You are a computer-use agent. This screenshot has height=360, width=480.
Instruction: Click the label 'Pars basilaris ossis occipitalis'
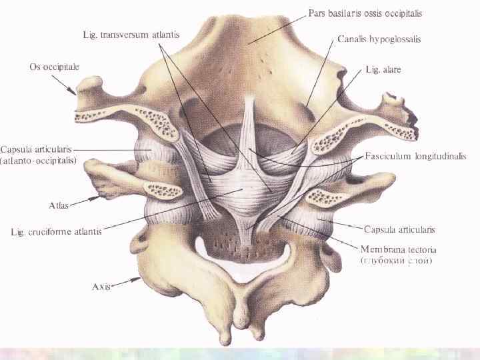click(x=365, y=13)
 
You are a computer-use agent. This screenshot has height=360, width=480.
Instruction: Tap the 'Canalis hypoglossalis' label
click(x=379, y=39)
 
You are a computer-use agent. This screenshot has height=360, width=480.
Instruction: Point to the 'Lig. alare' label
click(x=383, y=69)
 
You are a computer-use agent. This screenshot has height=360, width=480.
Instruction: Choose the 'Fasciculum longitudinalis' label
click(x=415, y=156)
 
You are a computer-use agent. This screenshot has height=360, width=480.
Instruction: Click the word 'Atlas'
click(x=59, y=205)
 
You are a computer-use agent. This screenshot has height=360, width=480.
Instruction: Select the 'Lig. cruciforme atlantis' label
click(x=57, y=232)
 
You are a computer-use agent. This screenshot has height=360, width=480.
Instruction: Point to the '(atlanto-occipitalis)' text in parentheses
click(x=39, y=161)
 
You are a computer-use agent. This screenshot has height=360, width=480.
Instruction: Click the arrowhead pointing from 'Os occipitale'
click(x=75, y=93)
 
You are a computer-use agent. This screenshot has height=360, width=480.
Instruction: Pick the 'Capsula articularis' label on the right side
click(x=399, y=229)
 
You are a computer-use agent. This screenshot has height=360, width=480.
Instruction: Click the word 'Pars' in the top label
click(x=317, y=13)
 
